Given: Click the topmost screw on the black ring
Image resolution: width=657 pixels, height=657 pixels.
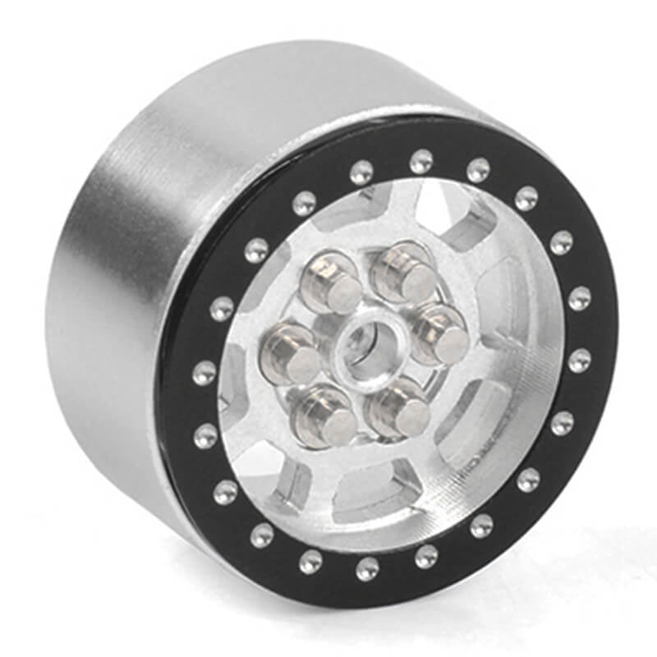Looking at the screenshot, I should click(421, 161).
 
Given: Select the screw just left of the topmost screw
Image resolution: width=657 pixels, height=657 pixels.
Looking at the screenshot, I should click(361, 172).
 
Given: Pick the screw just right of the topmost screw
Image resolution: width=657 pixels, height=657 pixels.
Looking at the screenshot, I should click(479, 170).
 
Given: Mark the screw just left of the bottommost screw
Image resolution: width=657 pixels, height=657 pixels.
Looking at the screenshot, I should click(310, 562).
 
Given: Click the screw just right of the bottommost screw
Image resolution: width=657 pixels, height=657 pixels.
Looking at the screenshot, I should click(426, 557).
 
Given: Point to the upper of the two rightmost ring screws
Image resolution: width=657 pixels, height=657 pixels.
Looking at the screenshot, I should click(579, 299).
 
